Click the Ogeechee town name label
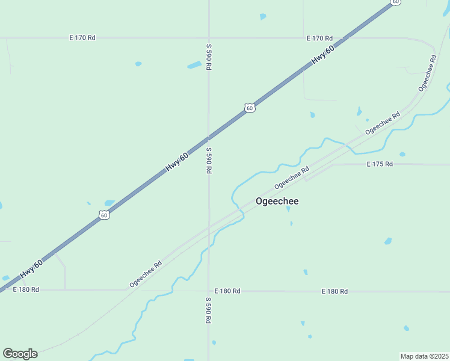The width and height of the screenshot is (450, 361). click(277, 202)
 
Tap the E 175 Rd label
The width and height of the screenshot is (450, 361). click(380, 164)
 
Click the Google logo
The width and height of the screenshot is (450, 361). click(20, 354)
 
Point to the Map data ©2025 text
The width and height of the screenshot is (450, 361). click(425, 356)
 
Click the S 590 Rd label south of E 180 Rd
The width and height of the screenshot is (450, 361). click(208, 310)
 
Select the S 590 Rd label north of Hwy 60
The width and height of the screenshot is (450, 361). click(208, 57)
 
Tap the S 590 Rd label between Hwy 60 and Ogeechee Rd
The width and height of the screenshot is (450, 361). click(208, 161)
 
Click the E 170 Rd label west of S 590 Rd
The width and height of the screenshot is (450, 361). click(82, 37)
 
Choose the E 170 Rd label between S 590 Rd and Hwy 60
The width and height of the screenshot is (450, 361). click(319, 38)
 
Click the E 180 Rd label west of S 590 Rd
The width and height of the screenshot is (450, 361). click(26, 289)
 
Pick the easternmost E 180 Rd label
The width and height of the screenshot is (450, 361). click(334, 291)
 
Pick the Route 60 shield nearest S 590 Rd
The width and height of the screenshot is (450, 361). click(250, 108)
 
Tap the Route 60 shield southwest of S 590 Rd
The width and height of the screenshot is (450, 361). click(104, 215)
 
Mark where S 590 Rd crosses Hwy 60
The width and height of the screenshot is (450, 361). click(208, 138)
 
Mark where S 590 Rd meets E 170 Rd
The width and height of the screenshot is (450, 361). click(208, 38)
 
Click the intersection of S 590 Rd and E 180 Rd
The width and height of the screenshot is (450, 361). click(208, 291)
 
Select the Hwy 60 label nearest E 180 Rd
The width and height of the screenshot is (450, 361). click(31, 269)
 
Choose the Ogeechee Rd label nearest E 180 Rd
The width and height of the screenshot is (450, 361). click(146, 274)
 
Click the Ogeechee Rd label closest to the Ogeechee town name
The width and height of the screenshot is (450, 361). click(292, 177)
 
